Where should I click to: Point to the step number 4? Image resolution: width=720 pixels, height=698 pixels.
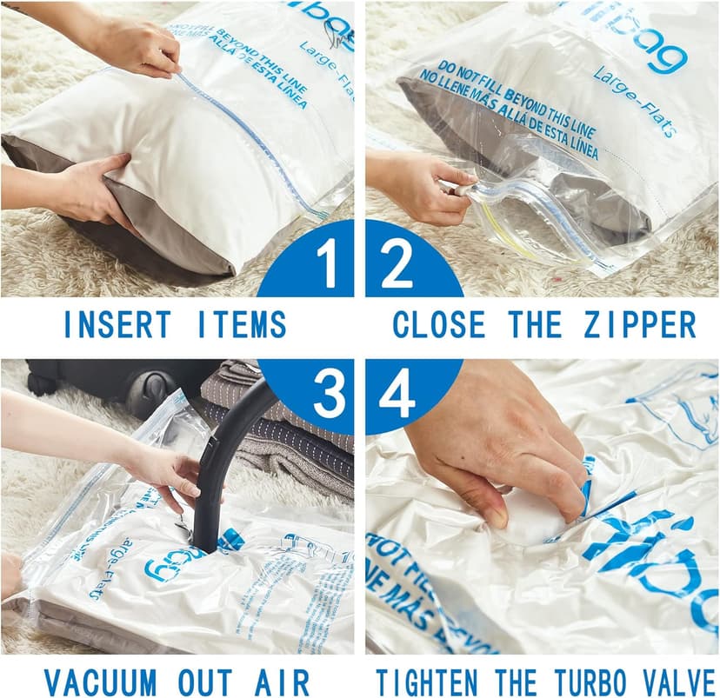click(x=397, y=396)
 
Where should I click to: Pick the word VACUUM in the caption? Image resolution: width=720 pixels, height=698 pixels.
click(x=100, y=681)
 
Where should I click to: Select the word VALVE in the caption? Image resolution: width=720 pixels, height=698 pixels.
click(x=678, y=681)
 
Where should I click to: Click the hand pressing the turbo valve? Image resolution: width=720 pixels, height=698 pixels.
click(x=504, y=443)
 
